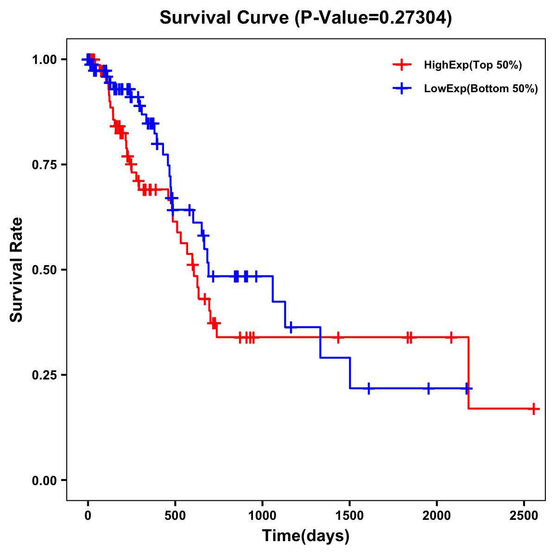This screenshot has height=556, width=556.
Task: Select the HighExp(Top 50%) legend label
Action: (473, 65)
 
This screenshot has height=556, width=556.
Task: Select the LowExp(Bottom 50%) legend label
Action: (481, 89)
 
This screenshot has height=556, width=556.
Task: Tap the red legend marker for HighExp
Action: (402, 65)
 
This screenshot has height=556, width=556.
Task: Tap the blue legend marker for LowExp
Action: (402, 88)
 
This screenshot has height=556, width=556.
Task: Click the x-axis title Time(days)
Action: (306, 536)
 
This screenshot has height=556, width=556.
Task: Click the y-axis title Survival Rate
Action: (17, 270)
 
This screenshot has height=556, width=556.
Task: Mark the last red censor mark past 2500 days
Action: (534, 409)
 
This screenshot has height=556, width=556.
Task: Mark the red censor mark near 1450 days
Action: (338, 337)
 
